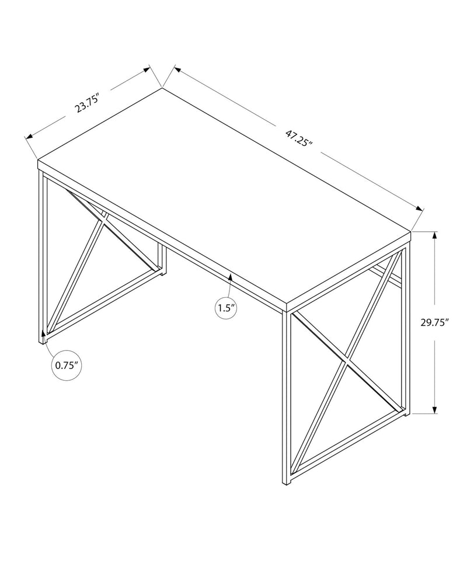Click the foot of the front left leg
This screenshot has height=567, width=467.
tap(43, 340)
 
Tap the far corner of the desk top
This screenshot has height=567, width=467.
tap(162, 88)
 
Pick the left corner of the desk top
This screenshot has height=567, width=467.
tap(38, 160)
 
